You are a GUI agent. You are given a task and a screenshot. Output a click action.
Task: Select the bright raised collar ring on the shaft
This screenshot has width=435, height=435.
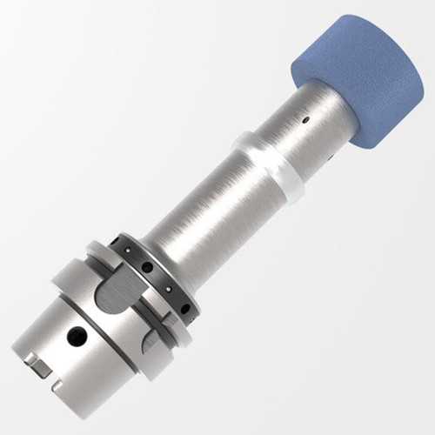(x=271, y=165)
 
